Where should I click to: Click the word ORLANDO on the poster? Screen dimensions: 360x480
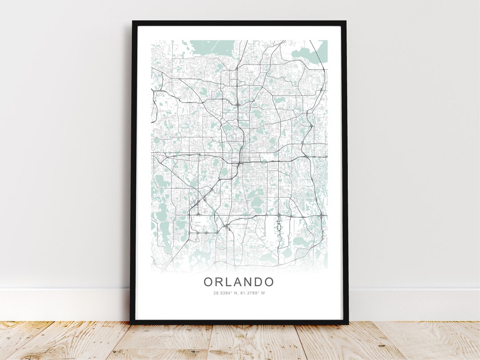(x=239, y=282)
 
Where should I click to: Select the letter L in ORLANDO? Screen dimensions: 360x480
(x=228, y=282)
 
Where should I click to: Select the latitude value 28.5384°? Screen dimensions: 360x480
(x=223, y=293)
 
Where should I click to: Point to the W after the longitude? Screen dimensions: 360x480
(x=263, y=293)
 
